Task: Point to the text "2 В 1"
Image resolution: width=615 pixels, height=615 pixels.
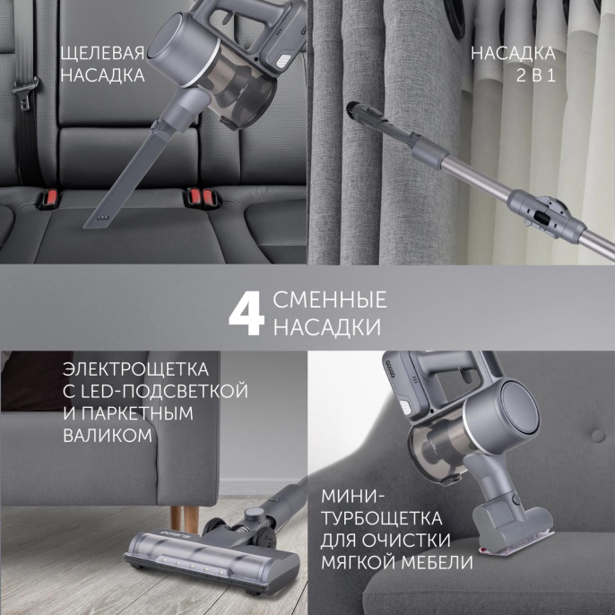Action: point(536,75)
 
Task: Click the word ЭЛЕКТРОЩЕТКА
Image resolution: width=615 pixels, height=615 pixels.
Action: point(136,369)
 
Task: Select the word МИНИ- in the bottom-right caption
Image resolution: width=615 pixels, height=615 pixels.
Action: point(351,497)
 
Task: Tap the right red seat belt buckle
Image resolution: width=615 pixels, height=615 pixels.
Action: point(197,194)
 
